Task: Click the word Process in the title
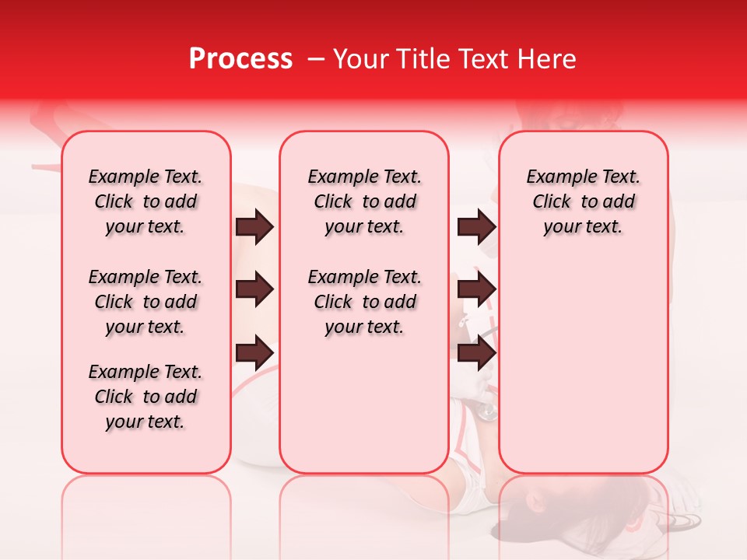240,59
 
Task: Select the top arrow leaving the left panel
254,227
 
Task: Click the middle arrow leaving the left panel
254,289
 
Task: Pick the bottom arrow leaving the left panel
254,352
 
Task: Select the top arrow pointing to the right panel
476,227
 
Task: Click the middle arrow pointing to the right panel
476,289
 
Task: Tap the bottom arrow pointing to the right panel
476,352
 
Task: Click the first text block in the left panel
146,201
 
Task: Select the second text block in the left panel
146,302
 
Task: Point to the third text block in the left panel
146,397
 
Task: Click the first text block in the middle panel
364,201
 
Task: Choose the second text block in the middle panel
364,302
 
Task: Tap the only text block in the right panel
583,201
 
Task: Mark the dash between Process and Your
316,60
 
